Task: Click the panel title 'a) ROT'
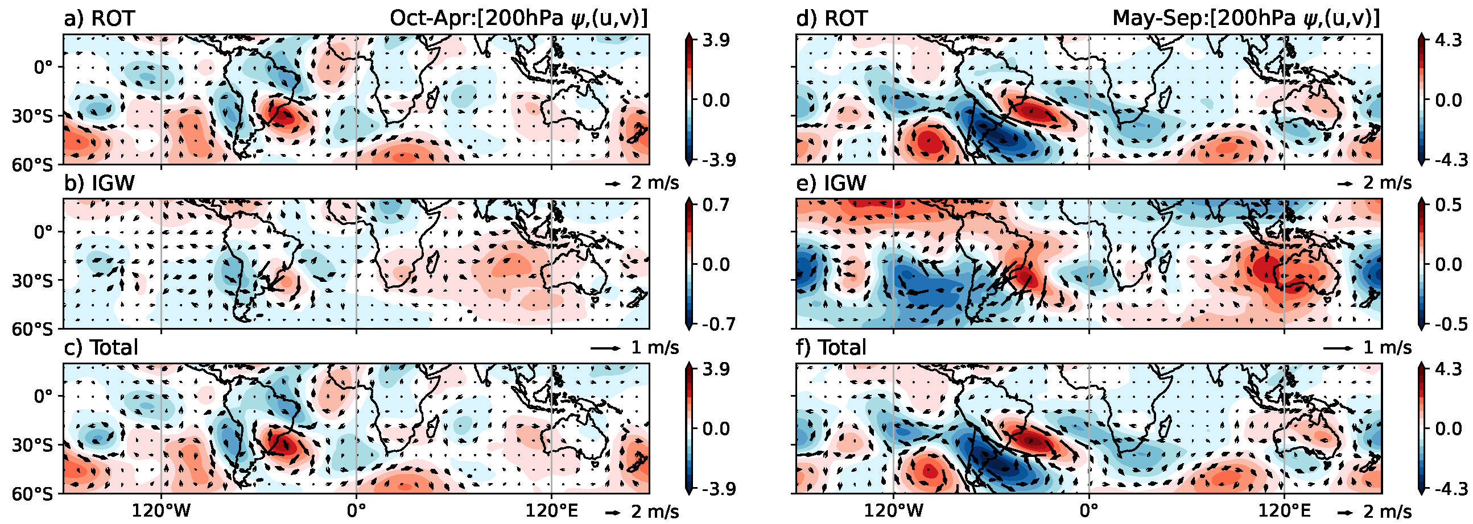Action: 98,19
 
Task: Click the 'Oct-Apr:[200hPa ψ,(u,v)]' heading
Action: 518,19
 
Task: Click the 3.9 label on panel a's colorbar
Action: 715,41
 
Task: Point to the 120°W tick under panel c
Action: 160,511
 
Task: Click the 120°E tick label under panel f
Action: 1284,511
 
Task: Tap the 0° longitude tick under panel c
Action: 356,511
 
